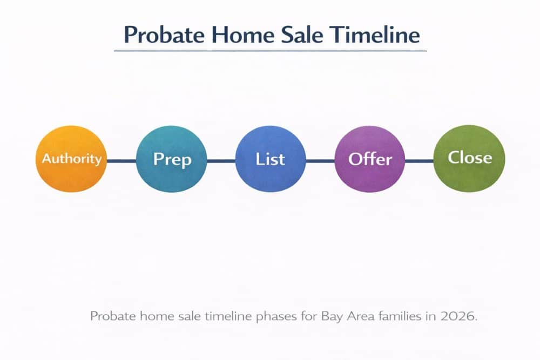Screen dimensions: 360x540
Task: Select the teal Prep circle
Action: [x=172, y=159]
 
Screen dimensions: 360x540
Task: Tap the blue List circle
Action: [x=270, y=159]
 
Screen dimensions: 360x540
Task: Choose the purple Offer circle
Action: [x=370, y=159]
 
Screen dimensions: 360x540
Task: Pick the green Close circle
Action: [x=469, y=158]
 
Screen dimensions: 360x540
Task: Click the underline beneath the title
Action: [x=270, y=51]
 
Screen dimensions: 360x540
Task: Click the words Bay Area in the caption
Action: [x=341, y=316]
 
